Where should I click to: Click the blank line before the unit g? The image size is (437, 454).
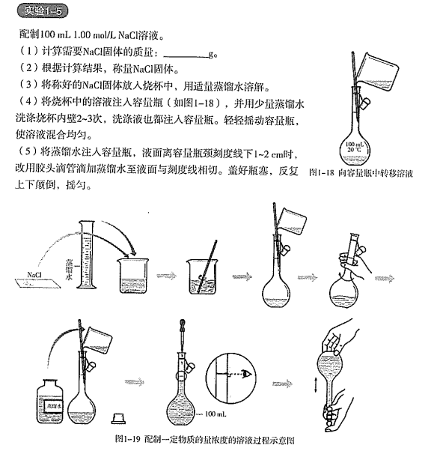tap(185, 55)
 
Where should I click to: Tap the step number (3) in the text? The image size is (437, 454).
tap(25, 85)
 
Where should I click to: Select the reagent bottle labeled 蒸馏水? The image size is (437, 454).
tap(53, 396)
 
